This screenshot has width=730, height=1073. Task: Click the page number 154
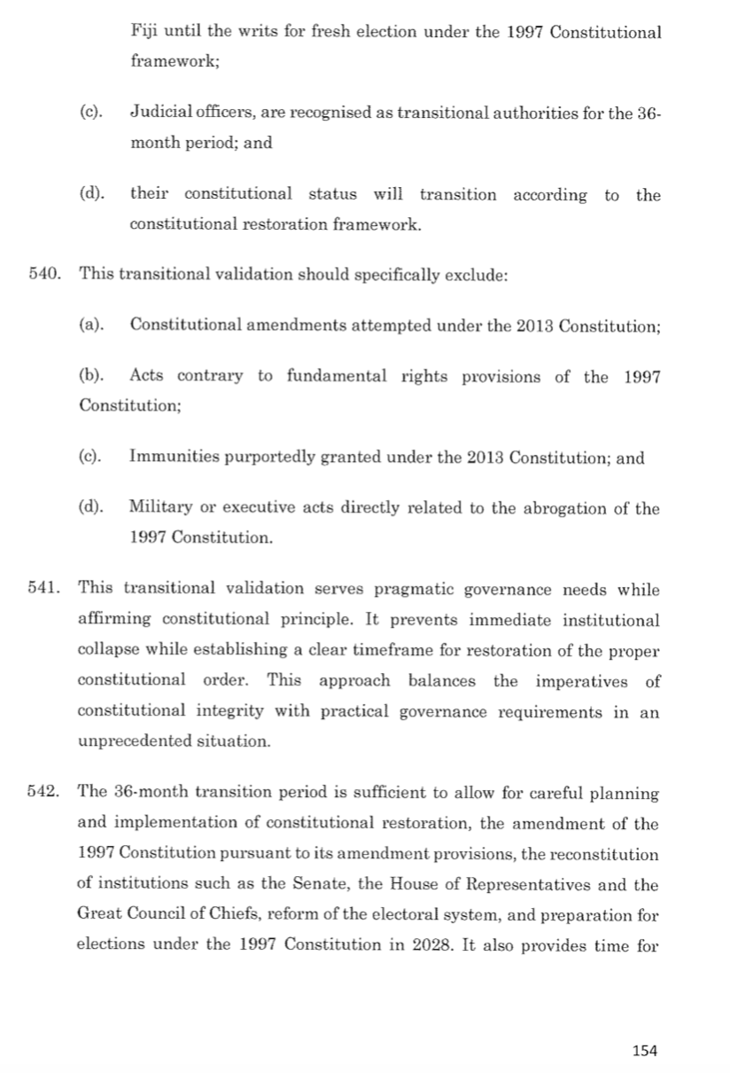[646, 1051]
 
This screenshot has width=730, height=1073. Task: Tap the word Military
[159, 508]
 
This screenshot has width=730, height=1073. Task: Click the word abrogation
[573, 508]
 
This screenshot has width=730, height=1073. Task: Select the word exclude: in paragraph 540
[475, 275]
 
